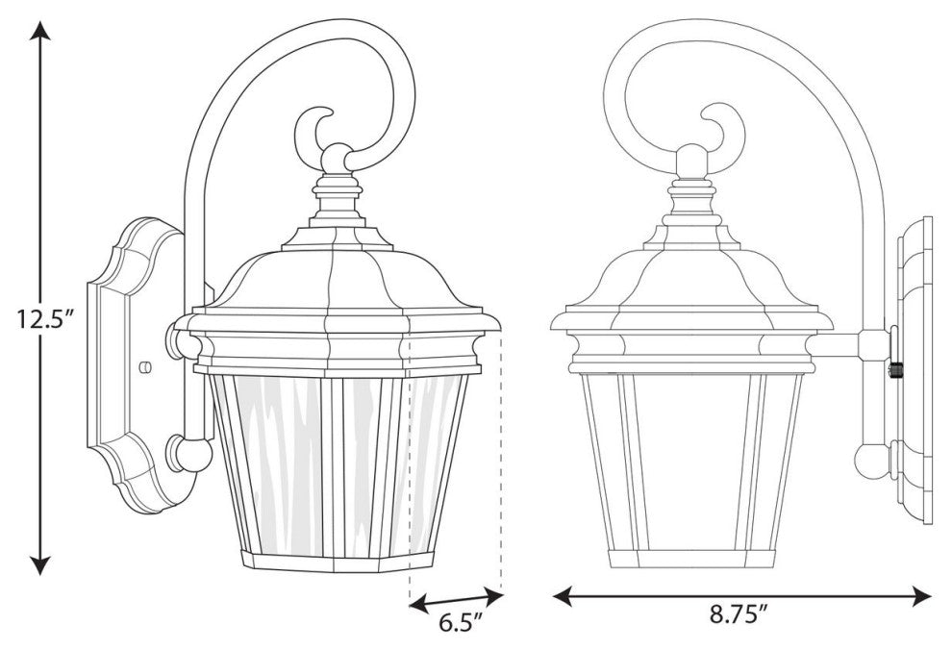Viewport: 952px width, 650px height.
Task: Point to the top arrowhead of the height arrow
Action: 39,32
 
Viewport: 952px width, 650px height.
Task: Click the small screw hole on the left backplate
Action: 144,366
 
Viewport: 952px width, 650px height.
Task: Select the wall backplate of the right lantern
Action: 914,370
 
